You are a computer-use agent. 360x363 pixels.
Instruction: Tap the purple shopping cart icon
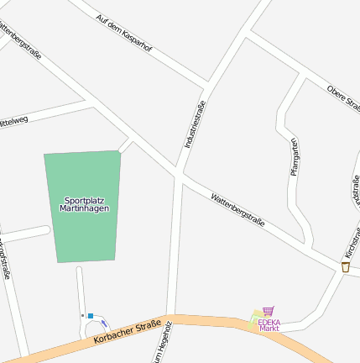pyautogui.click(x=268, y=311)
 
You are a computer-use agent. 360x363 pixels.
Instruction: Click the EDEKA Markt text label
pyautogui.click(x=269, y=324)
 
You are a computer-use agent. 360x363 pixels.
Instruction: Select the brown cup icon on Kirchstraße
pyautogui.click(x=345, y=266)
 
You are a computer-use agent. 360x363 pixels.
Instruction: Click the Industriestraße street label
pyautogui.click(x=195, y=124)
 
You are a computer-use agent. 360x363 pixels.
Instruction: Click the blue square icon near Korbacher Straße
pyautogui.click(x=91, y=315)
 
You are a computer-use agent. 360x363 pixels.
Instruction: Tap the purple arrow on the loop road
pyautogui.click(x=104, y=324)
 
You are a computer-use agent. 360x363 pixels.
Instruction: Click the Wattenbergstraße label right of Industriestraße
pyautogui.click(x=238, y=211)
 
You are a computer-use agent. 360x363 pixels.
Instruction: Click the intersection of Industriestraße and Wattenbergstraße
pyautogui.click(x=179, y=175)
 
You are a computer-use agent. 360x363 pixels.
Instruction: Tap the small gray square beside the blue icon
pyautogui.click(x=82, y=315)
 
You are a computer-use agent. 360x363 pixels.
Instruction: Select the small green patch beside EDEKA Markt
pyautogui.click(x=254, y=317)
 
